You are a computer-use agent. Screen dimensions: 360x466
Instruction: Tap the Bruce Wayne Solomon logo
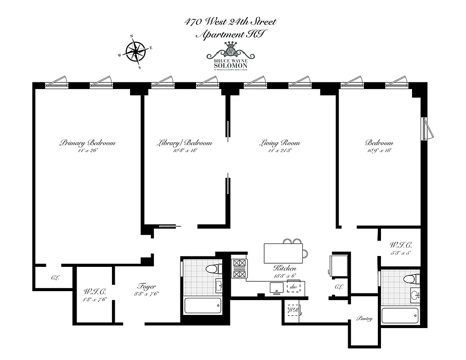click(x=231, y=56)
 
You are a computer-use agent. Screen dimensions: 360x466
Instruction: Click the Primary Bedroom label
click(x=87, y=143)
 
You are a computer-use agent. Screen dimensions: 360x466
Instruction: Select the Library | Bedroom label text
click(x=184, y=143)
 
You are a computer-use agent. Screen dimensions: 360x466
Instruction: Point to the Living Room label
click(x=279, y=143)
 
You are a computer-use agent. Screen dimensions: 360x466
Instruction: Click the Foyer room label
click(x=145, y=286)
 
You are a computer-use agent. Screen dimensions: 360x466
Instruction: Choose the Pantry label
click(x=365, y=319)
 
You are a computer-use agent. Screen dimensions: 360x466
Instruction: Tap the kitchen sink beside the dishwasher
click(x=273, y=287)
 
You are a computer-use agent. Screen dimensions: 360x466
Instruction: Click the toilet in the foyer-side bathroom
click(x=212, y=269)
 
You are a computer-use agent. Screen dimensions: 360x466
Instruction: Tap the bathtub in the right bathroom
click(x=400, y=315)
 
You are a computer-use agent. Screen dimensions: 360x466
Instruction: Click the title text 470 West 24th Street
click(x=230, y=22)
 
